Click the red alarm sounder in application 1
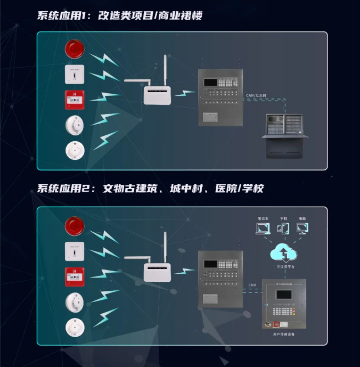tap(74, 49)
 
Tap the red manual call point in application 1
tap(74, 100)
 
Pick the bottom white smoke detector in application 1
tap(74, 151)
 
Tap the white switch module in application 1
tap(74, 75)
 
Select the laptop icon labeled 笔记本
tap(263, 229)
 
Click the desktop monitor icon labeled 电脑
tap(302, 229)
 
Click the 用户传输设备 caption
tap(283, 335)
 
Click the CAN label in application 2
tap(253, 286)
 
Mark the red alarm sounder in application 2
tap(74, 225)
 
